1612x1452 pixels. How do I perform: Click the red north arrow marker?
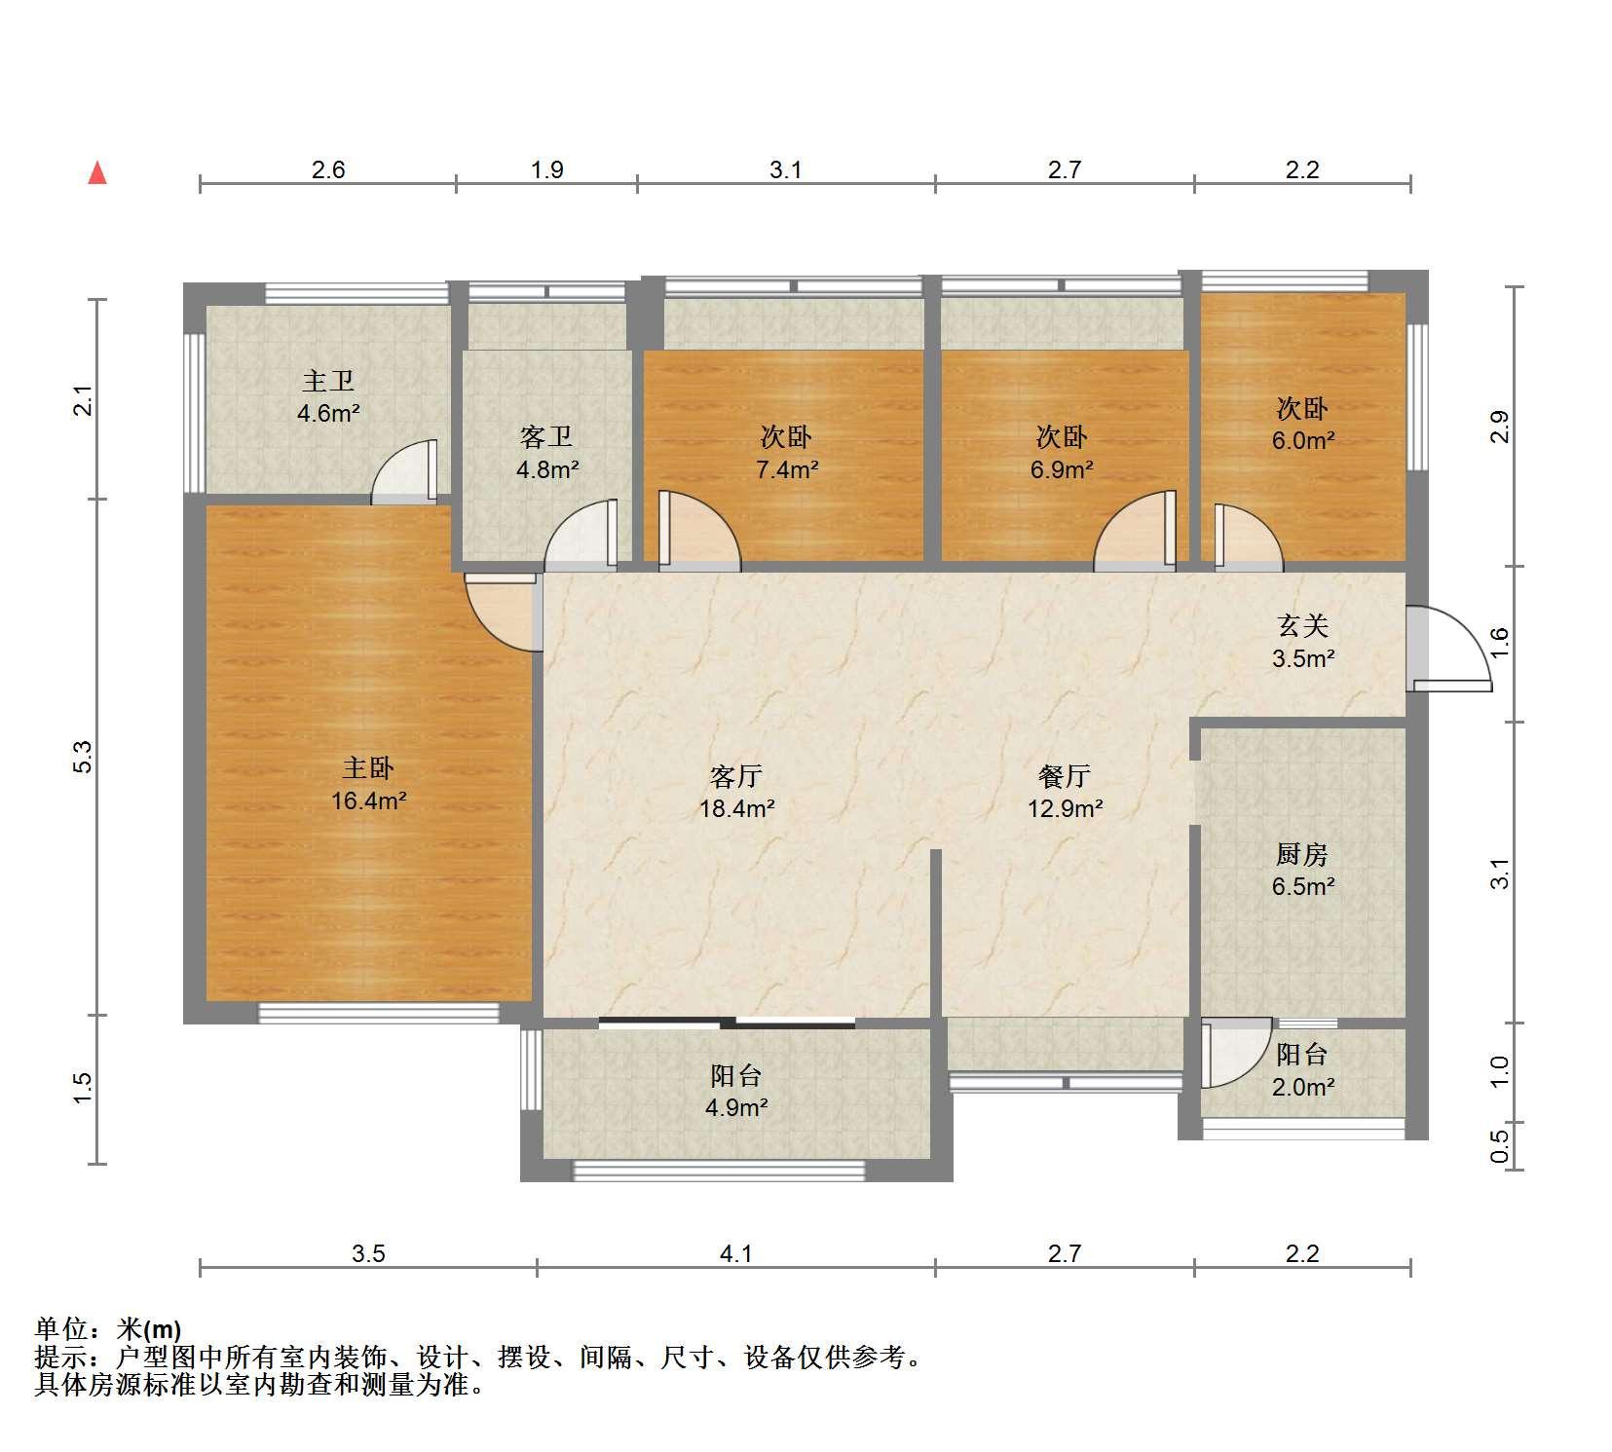[97, 173]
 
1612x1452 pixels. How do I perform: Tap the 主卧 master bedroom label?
[368, 768]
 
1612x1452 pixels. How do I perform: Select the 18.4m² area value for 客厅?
[737, 808]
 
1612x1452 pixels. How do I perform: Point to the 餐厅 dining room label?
[1064, 776]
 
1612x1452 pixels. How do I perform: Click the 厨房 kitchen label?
[1302, 854]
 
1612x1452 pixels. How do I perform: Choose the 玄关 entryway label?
[1302, 625]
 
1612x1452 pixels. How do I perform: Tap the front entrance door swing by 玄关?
[1449, 649]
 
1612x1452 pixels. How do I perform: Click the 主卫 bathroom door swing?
[404, 472]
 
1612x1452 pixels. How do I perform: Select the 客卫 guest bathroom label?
[546, 437]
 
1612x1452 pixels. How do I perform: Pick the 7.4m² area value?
[787, 470]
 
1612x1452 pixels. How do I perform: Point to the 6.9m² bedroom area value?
[1063, 470]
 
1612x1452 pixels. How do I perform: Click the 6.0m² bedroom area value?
[1302, 441]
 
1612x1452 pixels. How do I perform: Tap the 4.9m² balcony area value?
[736, 1108]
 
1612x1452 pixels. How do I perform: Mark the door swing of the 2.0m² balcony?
[1236, 1053]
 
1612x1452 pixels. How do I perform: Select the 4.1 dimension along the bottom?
[735, 1253]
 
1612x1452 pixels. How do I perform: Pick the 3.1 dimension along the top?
[785, 169]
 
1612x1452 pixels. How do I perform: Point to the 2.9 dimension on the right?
[1500, 427]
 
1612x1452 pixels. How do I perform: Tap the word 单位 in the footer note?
[58, 1329]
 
